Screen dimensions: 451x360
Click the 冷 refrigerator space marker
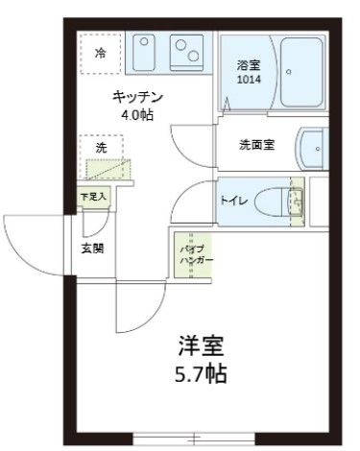(100, 54)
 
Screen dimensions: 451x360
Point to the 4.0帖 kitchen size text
(137, 115)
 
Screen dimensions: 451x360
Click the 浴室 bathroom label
(250, 65)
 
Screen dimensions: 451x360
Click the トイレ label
(235, 201)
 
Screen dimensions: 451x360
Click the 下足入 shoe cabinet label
(93, 196)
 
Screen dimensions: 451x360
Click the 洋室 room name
(202, 344)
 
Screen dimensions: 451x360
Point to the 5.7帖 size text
(202, 373)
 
